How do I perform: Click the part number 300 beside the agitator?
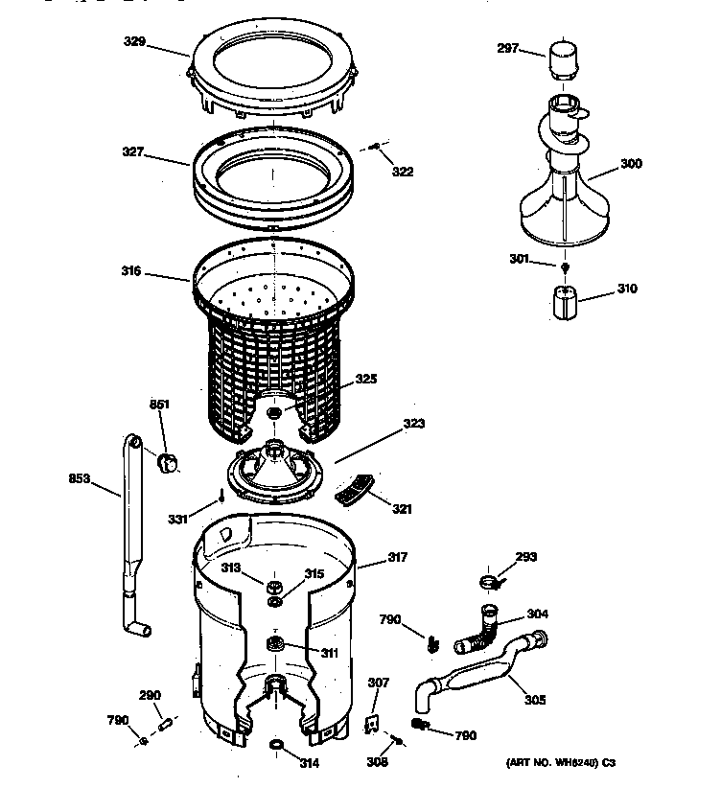point(631,164)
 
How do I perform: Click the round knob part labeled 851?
point(169,463)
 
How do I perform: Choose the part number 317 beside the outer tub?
point(398,558)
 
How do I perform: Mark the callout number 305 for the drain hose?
point(534,700)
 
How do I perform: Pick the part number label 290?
point(150,695)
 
